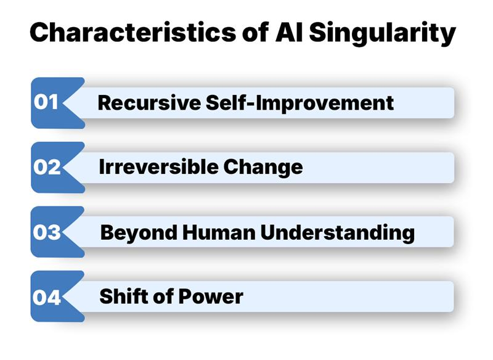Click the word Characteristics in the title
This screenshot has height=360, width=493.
point(129,33)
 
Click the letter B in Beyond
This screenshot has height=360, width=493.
point(107,232)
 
